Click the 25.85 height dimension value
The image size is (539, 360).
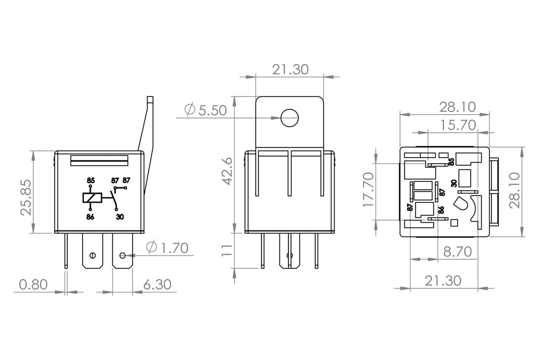pos(26,197)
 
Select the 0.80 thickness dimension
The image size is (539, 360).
pos(33,284)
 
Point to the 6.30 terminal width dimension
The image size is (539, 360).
pos(157,284)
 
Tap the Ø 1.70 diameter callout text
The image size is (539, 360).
pos(167,248)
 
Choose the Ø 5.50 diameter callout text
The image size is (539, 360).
pos(206,110)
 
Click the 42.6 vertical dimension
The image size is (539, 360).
pos(227,171)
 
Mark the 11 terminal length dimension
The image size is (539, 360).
pos(226,250)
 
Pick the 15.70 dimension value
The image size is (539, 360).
pos(458,125)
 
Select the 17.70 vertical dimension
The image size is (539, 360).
pos(368,190)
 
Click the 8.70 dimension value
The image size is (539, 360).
pos(457,252)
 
